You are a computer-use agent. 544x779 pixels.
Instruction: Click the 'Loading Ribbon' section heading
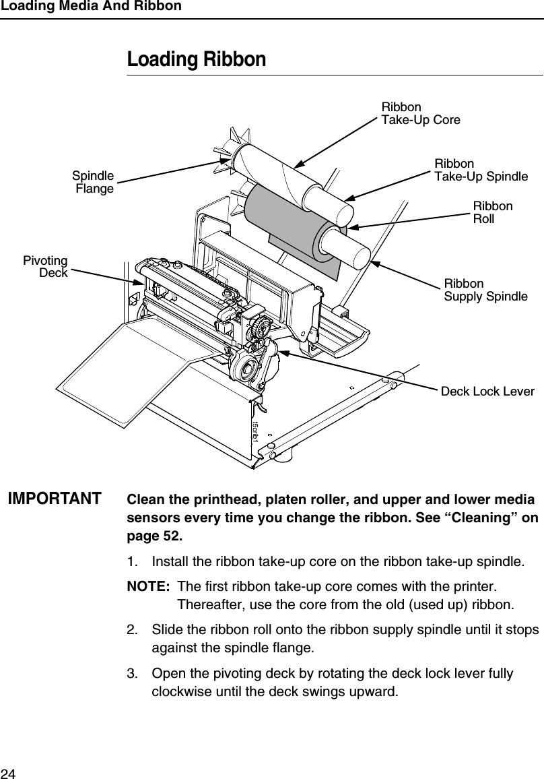click(197, 60)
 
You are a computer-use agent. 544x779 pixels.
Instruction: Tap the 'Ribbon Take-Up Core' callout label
click(421, 114)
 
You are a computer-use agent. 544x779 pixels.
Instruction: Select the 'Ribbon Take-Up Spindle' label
click(481, 170)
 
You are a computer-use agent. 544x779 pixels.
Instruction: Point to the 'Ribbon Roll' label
click(493, 212)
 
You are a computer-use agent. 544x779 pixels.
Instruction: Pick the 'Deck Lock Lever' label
click(487, 392)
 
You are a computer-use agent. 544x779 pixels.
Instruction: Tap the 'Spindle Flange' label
click(94, 183)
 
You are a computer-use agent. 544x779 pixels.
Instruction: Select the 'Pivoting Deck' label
click(46, 267)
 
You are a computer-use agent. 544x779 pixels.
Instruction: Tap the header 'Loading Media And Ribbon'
click(91, 6)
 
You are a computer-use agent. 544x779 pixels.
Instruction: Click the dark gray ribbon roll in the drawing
click(283, 216)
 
